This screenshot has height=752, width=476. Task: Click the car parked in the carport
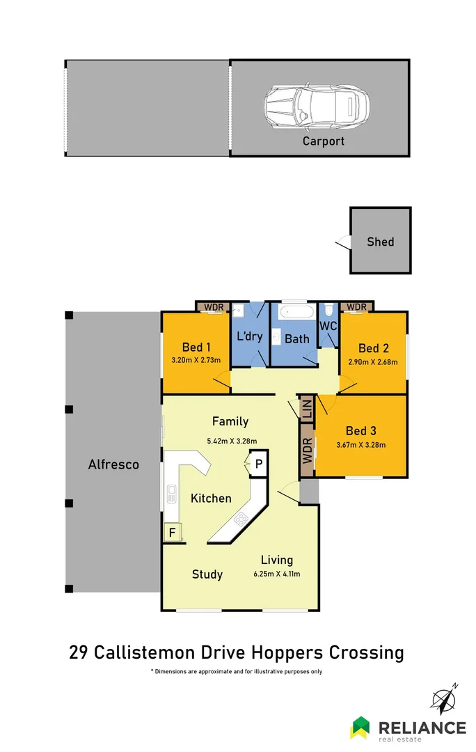click(x=317, y=107)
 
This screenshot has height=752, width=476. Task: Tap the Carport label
click(x=323, y=141)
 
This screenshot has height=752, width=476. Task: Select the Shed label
click(x=381, y=242)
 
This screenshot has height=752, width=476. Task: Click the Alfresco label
click(x=113, y=464)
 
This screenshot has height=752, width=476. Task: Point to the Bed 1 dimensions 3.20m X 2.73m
click(x=196, y=360)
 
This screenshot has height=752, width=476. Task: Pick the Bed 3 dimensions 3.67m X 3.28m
click(x=360, y=445)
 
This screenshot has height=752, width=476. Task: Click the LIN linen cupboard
click(x=306, y=408)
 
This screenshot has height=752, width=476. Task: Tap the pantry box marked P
click(x=258, y=464)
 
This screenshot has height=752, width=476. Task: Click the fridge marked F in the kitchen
click(x=170, y=533)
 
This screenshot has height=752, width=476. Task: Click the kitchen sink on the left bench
click(x=171, y=495)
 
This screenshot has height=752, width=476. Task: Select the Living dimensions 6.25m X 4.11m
click(x=277, y=574)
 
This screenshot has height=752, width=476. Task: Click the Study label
click(x=207, y=574)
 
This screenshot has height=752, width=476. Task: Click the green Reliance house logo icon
click(x=361, y=727)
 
